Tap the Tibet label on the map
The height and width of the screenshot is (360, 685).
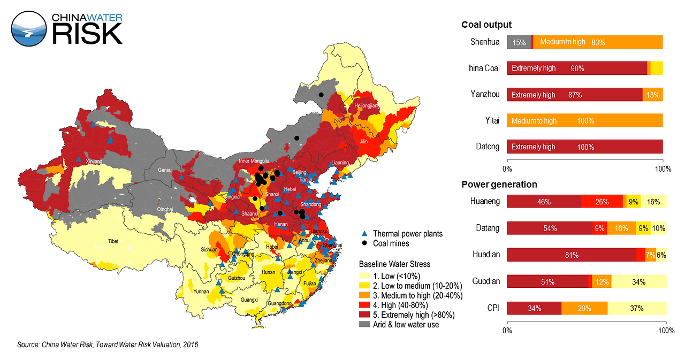113,241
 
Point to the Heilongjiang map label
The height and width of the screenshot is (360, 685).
367,106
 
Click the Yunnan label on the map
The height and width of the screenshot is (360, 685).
201,292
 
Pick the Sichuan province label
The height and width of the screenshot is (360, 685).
209,249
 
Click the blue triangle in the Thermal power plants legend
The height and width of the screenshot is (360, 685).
364,234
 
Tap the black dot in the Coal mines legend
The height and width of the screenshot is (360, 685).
364,243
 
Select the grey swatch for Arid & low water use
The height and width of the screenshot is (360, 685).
364,324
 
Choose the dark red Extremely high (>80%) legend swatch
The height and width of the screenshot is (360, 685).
364,315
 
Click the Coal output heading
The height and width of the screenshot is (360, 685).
486,25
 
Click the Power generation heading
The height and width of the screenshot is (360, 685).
499,185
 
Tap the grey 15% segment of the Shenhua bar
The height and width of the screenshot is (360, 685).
519,42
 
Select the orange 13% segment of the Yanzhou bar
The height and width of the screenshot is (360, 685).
653,95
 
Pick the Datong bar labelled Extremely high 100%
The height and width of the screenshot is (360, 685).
584,147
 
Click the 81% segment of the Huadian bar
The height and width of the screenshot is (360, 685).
572,255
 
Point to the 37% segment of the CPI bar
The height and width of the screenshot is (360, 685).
637,308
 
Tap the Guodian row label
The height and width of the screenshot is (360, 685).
486,281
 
